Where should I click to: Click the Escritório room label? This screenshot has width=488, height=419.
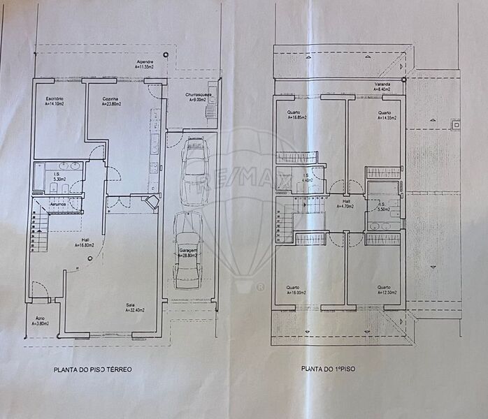[x=50, y=101]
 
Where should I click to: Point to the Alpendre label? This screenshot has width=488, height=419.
[x=145, y=64]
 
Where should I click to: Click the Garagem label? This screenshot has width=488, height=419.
[x=188, y=253]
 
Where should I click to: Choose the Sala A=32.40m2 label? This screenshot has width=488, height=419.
[x=134, y=307]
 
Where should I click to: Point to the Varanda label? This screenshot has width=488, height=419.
[x=382, y=87]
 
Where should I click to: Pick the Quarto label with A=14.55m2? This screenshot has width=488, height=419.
[x=387, y=115]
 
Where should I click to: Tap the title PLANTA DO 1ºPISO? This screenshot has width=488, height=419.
[x=328, y=369]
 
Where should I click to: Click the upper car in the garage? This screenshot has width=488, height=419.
[x=193, y=164]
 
